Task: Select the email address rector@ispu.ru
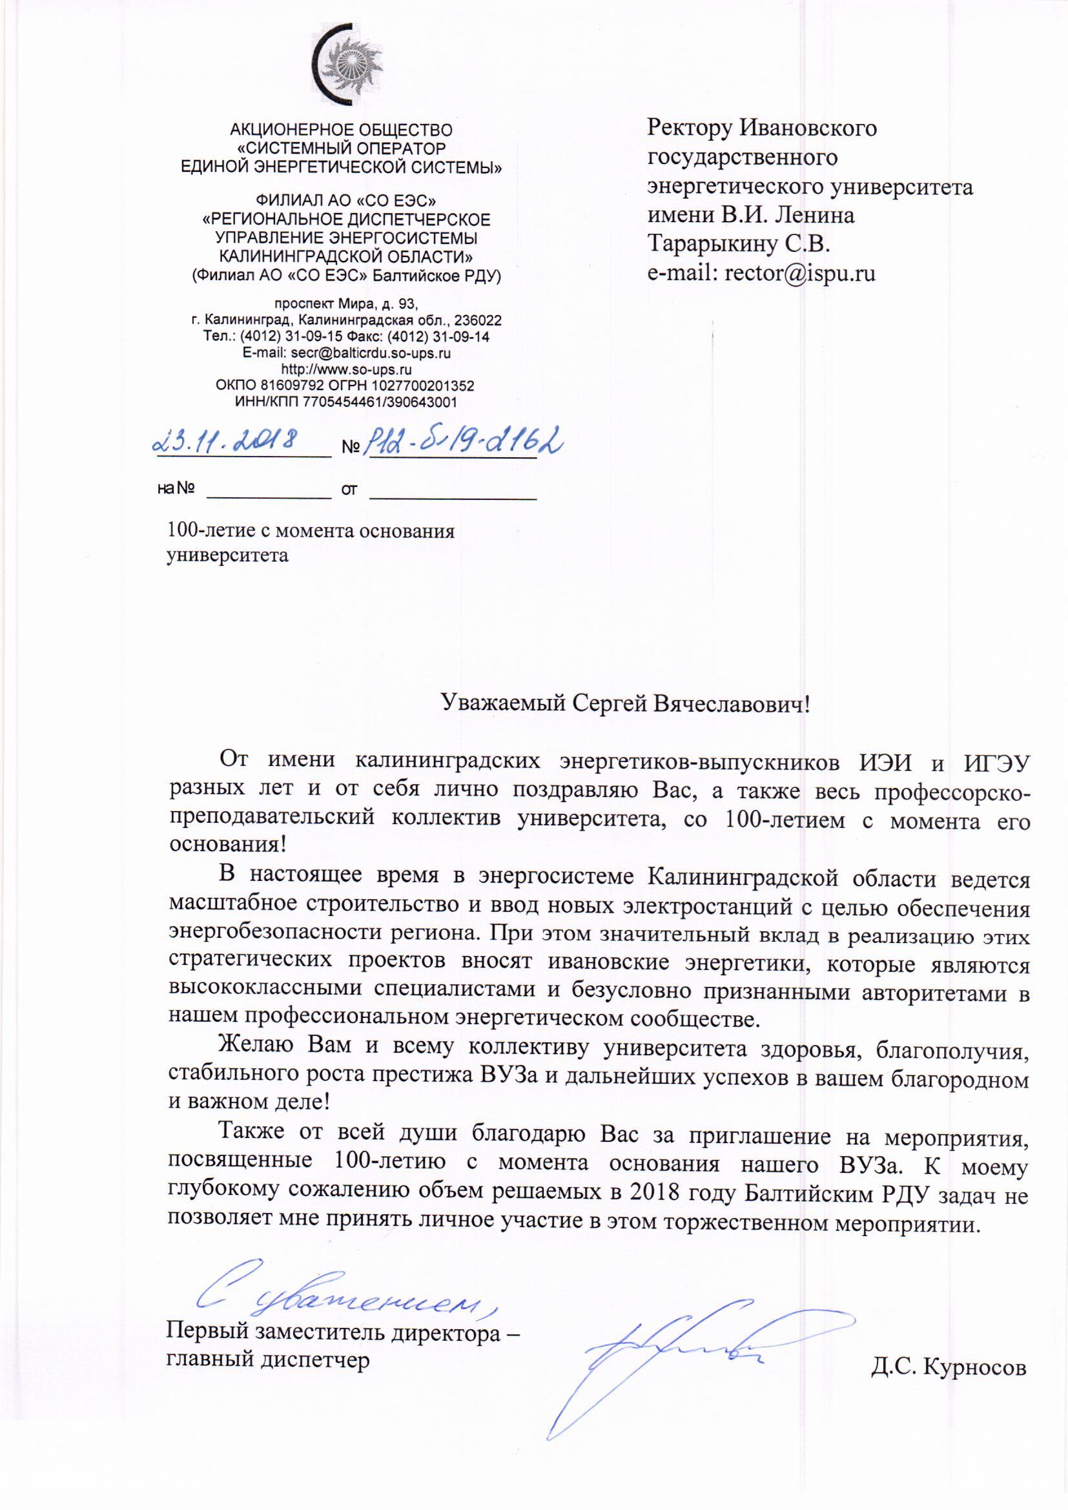(799, 273)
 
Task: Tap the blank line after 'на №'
(269, 490)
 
